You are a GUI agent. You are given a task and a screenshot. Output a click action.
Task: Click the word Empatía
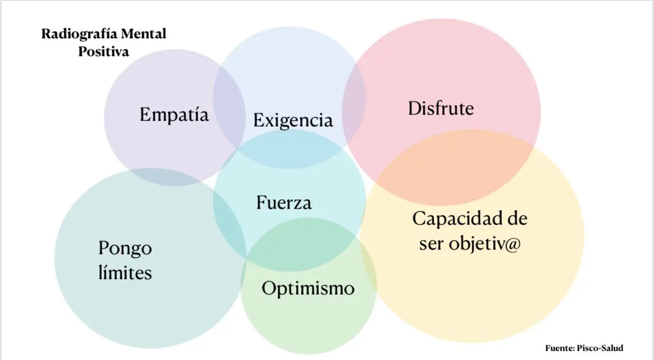174,115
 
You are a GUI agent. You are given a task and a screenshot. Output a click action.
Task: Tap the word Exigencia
293,120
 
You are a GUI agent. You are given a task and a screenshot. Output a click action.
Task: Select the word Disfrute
441,108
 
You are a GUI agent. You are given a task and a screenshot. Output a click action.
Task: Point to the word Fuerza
284,202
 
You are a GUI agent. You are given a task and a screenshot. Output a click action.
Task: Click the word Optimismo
308,289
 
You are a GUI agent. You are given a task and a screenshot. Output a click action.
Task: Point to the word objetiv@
485,243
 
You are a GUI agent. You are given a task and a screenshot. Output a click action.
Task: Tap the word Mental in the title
143,34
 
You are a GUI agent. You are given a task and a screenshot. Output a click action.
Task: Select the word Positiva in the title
103,51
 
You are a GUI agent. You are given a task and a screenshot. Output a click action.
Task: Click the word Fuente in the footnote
560,348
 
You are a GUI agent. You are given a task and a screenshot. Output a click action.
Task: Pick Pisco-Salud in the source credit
600,348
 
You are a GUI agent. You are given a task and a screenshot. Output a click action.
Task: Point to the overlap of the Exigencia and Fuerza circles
290,149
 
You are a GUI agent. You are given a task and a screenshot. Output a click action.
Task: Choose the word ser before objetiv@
431,244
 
